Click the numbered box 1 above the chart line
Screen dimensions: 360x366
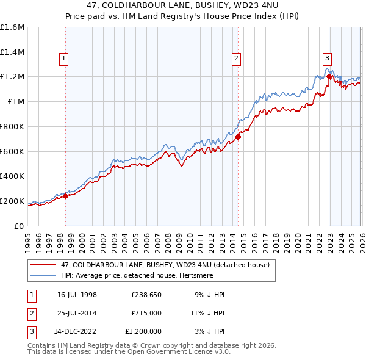pos(63,59)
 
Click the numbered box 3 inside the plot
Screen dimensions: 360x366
pos(327,59)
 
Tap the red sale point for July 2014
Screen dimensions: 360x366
pos(238,137)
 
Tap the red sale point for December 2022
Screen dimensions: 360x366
pos(329,77)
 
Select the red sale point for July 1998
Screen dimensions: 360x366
pos(66,196)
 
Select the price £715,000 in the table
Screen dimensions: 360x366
pos(146,313)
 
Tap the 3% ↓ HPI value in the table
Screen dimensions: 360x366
pos(209,331)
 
